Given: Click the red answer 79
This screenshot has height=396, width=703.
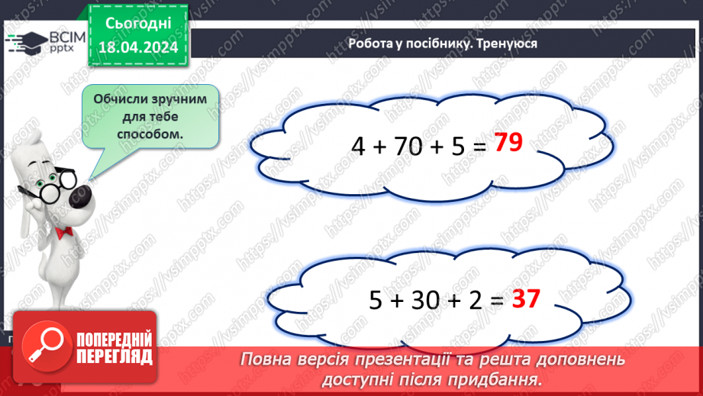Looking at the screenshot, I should (508, 143).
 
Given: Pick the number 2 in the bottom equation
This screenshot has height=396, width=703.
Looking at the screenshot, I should (473, 300).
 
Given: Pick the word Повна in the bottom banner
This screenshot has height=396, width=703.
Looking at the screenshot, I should (264, 359).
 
